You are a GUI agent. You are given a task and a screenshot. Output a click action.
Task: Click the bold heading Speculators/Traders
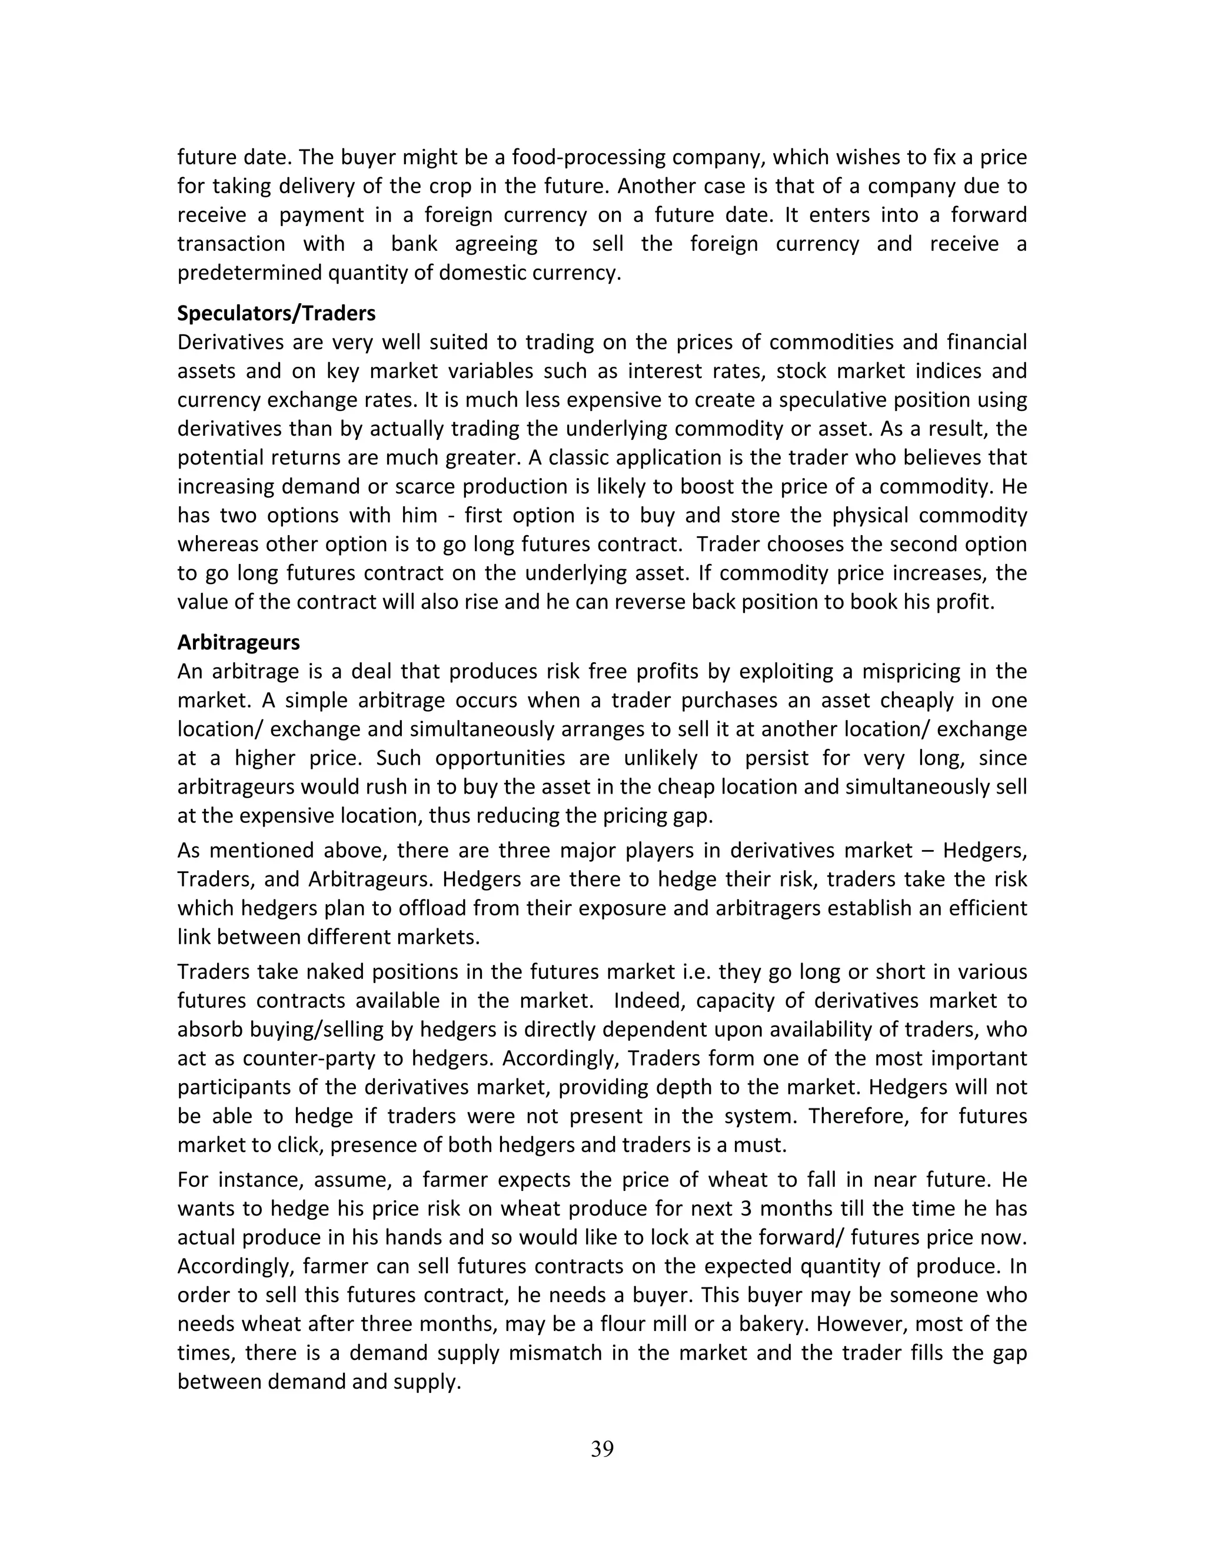tap(277, 314)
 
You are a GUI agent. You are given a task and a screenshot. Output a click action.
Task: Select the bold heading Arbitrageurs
tap(238, 642)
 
